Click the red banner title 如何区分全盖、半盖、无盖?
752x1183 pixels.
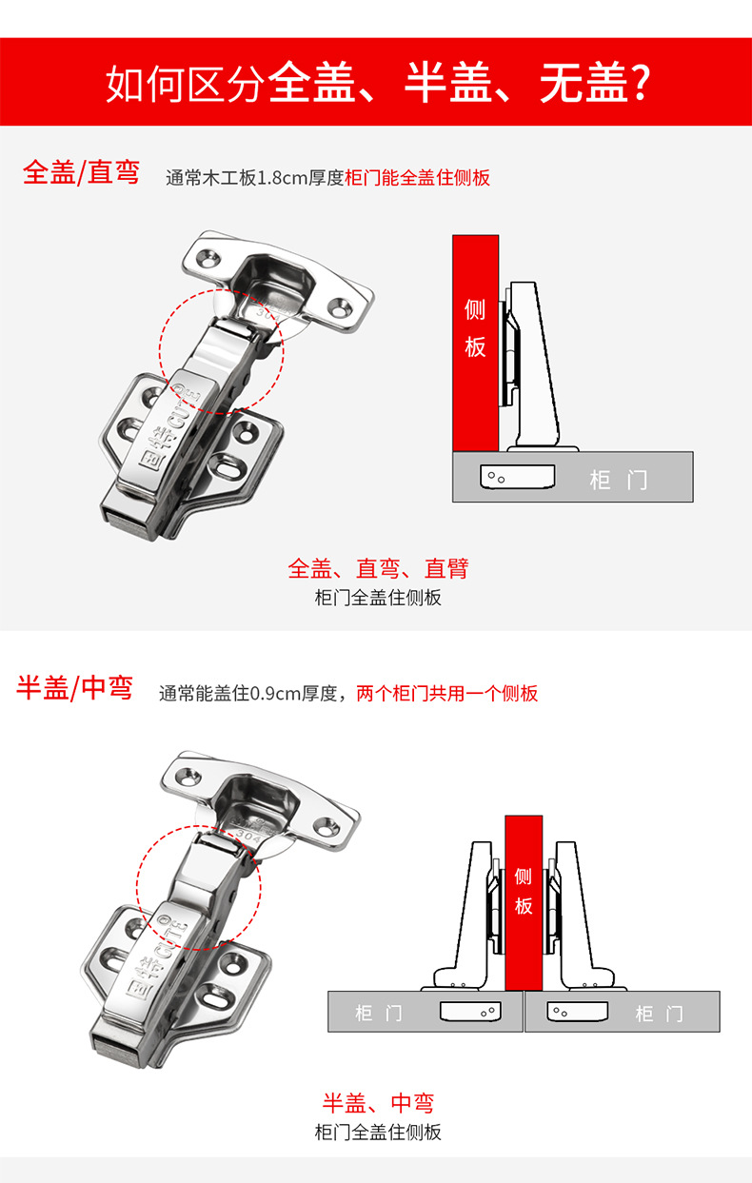click(378, 83)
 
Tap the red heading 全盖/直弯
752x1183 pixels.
click(81, 172)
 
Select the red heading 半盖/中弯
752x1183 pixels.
click(74, 687)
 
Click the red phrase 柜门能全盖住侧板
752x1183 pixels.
click(417, 177)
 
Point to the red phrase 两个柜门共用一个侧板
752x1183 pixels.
click(447, 693)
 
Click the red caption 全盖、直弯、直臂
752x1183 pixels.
click(378, 568)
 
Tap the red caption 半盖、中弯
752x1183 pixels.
click(378, 1103)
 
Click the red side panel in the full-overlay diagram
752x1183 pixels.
click(475, 344)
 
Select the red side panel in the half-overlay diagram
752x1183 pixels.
click(524, 903)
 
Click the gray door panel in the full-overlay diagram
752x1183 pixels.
click(573, 477)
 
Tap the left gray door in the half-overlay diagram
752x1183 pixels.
click(425, 1012)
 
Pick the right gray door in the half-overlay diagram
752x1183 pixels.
click(623, 1012)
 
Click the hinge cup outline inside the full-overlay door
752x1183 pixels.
click(517, 477)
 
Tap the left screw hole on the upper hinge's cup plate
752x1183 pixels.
click(208, 258)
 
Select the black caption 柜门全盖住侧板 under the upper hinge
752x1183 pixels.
click(378, 598)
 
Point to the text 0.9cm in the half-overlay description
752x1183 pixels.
click(274, 694)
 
